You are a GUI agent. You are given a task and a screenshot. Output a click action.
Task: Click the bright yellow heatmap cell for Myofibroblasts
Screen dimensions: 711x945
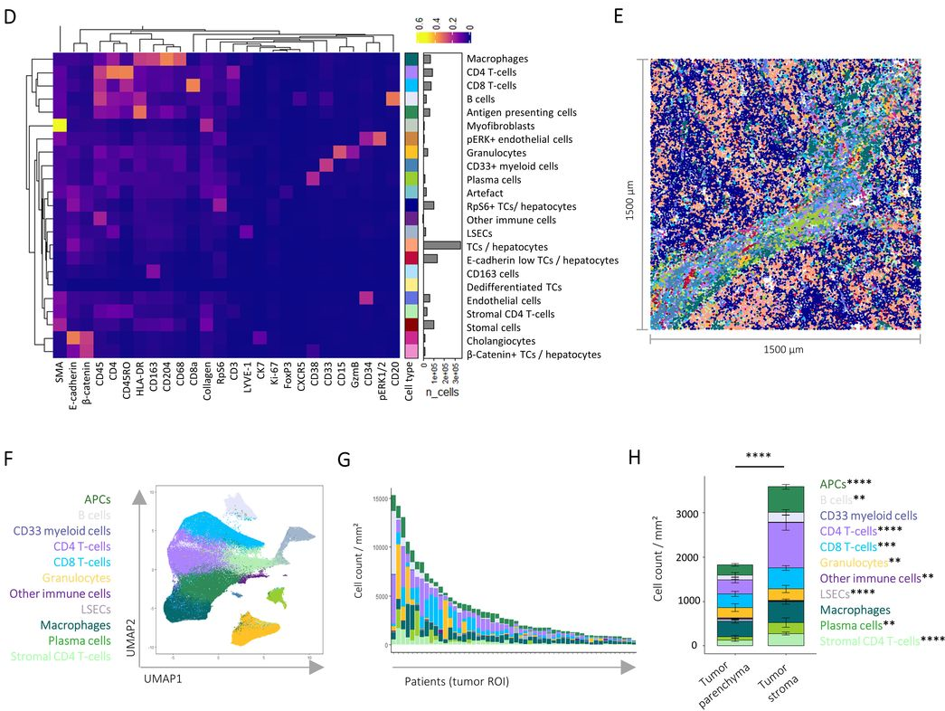[x=60, y=126]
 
